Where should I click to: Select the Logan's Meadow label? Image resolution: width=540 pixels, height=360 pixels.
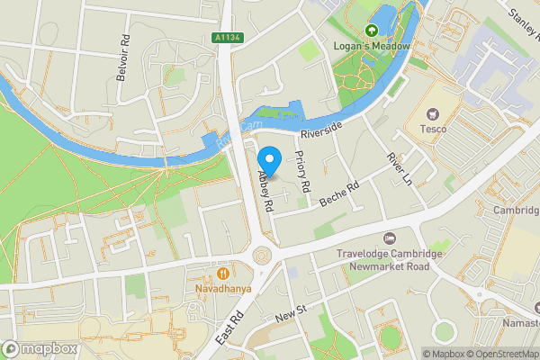(373, 46)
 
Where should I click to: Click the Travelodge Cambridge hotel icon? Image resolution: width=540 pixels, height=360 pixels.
(389, 238)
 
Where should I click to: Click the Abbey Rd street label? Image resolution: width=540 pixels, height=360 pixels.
(266, 192)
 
